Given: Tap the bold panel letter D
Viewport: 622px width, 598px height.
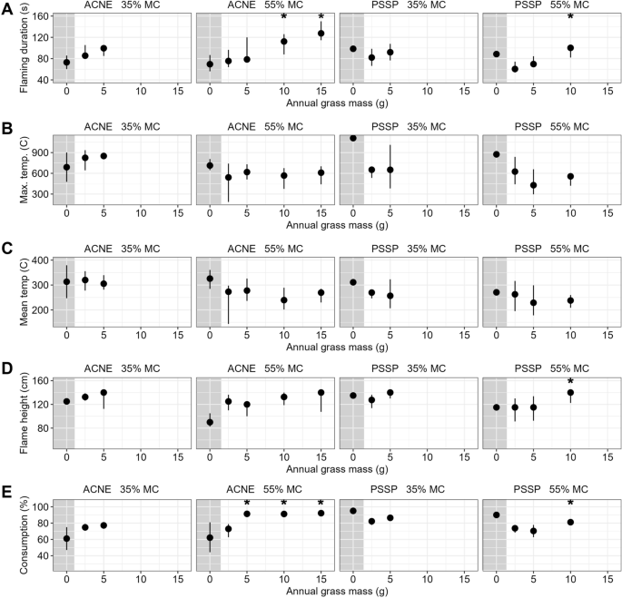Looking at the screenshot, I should coord(8,368).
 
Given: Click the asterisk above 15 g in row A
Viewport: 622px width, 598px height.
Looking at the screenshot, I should coord(321,18).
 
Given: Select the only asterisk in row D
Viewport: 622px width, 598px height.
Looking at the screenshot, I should coord(570,382).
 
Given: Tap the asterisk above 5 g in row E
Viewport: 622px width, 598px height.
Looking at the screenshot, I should coord(247,504).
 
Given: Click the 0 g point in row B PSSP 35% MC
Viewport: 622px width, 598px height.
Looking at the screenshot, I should coord(352,138).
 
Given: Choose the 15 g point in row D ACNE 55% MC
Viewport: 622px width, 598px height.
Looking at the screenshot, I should coord(321,393).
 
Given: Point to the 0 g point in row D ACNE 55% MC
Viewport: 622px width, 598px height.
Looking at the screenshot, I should coord(210,422).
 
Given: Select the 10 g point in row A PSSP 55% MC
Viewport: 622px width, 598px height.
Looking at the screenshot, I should coord(570,48).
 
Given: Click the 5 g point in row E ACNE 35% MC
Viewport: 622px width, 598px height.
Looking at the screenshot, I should coord(104,525).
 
